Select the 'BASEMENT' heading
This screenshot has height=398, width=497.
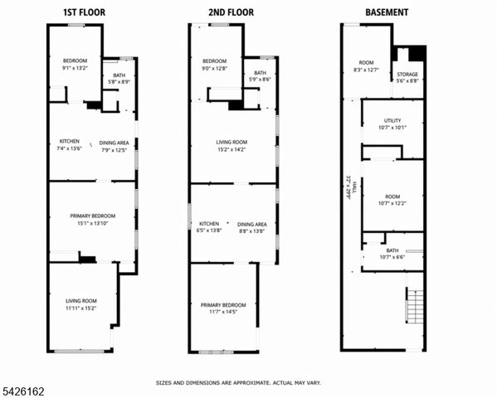[387, 12]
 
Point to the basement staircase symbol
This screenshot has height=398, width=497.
[414, 307]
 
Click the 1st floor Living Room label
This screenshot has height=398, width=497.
[81, 304]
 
